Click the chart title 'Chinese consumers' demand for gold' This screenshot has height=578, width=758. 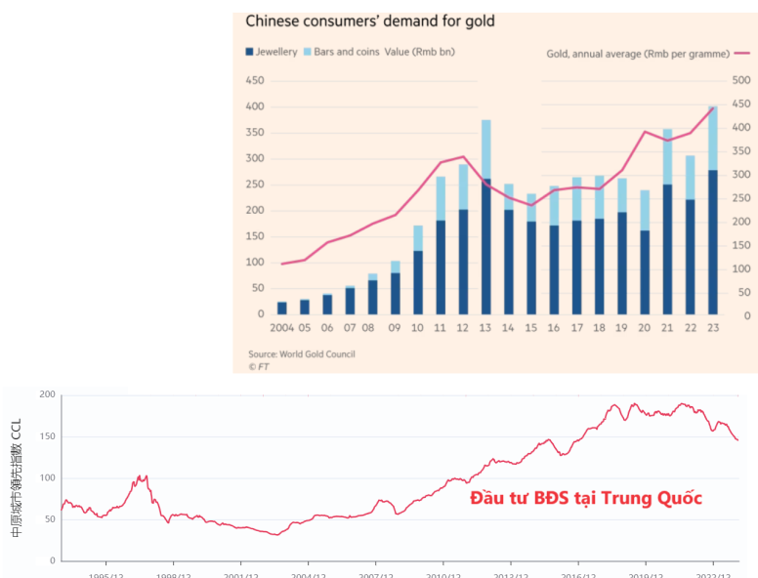tap(369, 21)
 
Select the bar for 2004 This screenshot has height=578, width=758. tap(281, 308)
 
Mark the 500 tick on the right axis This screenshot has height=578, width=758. tap(740, 80)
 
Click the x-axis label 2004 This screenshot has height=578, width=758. tap(281, 329)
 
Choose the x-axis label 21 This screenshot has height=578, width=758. tap(667, 329)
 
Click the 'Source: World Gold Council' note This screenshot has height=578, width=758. tap(301, 353)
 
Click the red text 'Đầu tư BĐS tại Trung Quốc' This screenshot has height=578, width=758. tap(586, 498)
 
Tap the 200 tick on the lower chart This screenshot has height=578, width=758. tap(47, 394)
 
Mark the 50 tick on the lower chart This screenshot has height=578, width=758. tap(50, 519)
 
